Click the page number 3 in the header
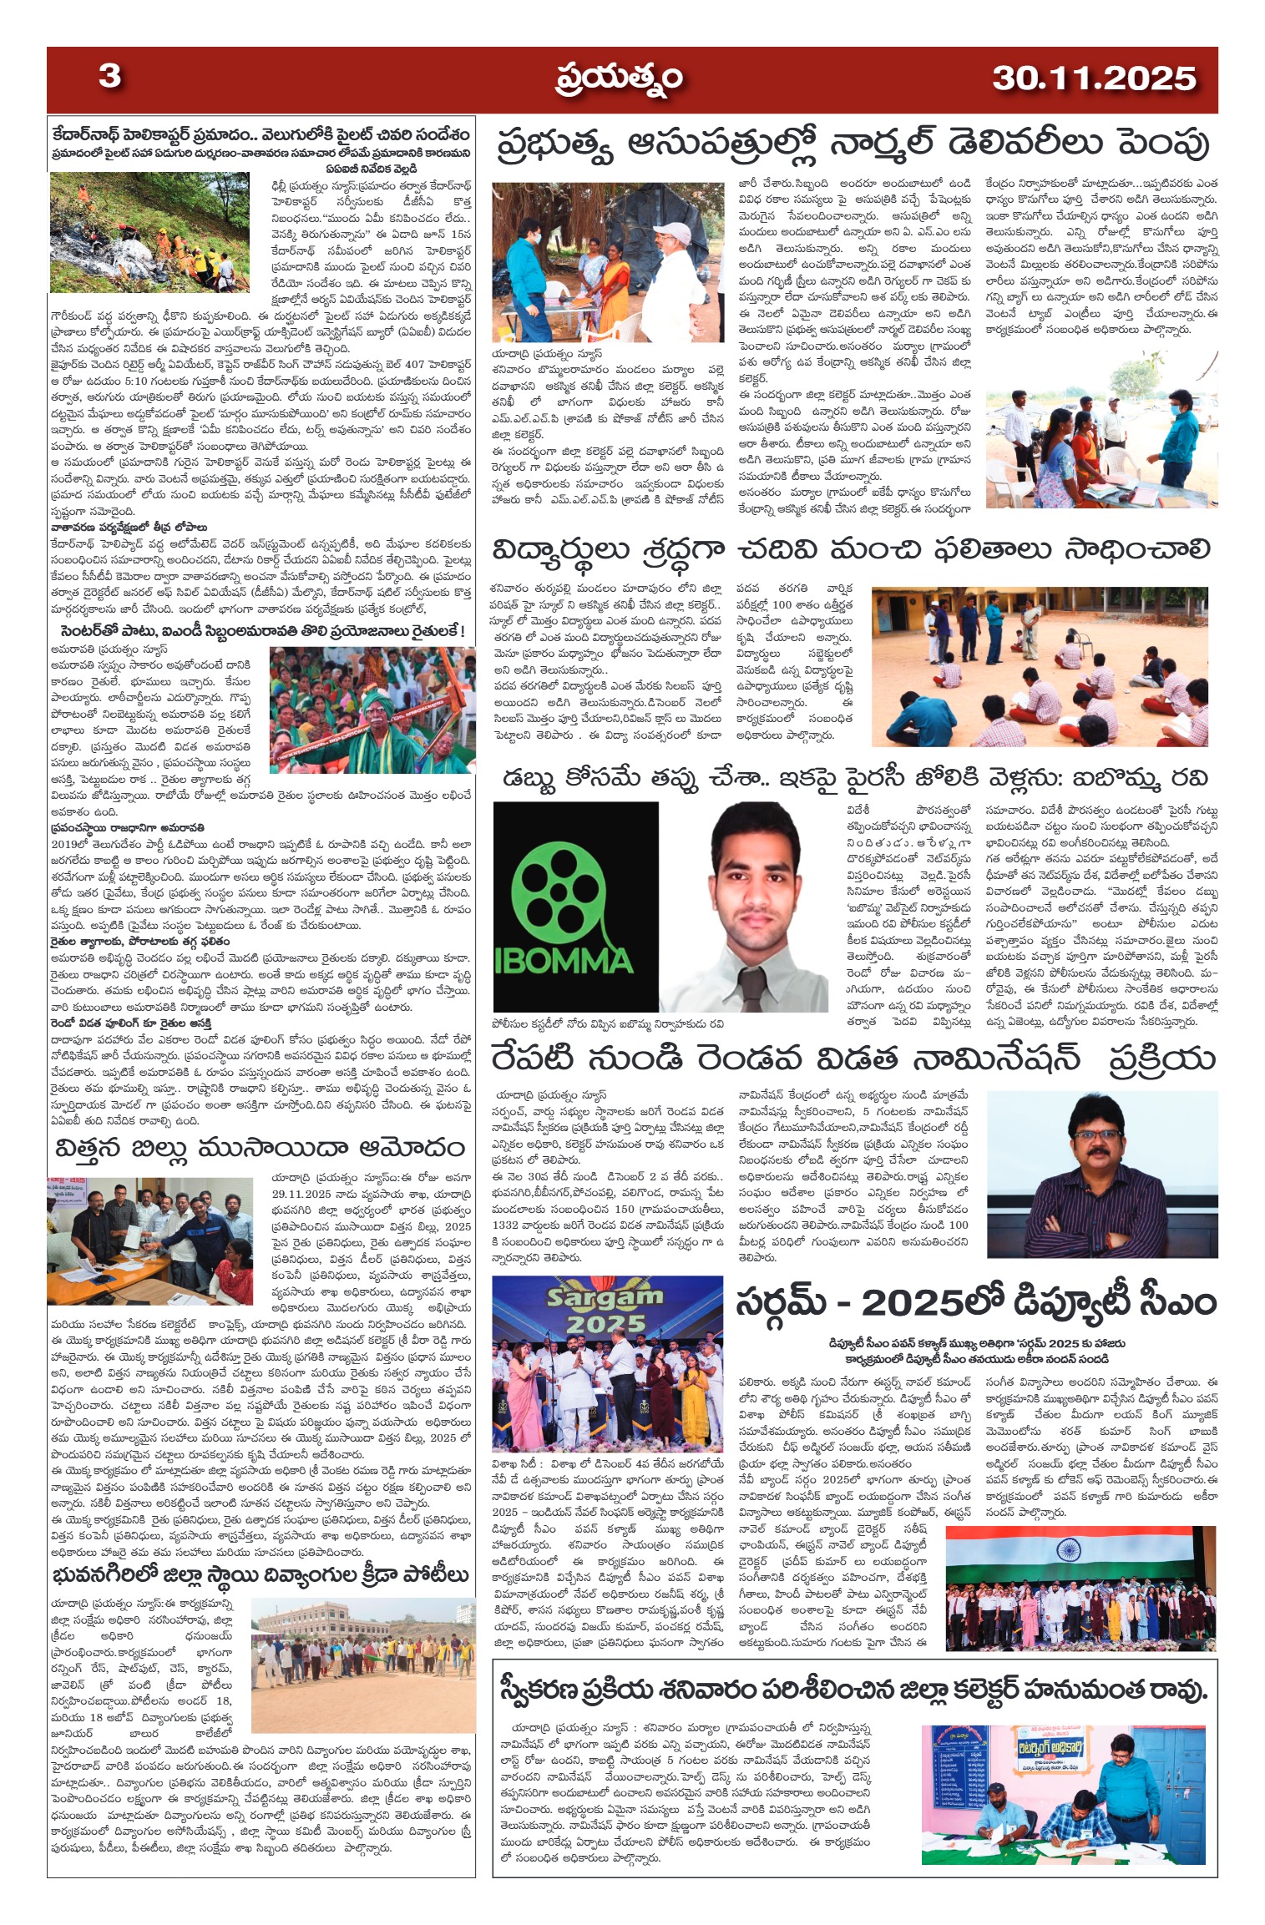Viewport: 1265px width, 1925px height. pos(109,77)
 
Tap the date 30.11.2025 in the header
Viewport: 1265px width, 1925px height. pos(1094,79)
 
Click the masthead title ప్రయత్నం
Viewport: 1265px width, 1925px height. pos(620,79)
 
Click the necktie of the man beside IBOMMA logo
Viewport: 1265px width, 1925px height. pos(752,988)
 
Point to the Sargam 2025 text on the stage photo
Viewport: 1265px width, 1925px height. pos(605,1311)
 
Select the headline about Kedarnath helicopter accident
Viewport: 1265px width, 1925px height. pos(260,135)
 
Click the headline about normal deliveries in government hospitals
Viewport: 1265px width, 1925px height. pos(853,144)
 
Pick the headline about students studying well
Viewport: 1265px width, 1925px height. pos(851,552)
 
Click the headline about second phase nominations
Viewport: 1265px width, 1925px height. pos(852,1059)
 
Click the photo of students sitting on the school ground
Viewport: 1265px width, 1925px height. pos(1044,666)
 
